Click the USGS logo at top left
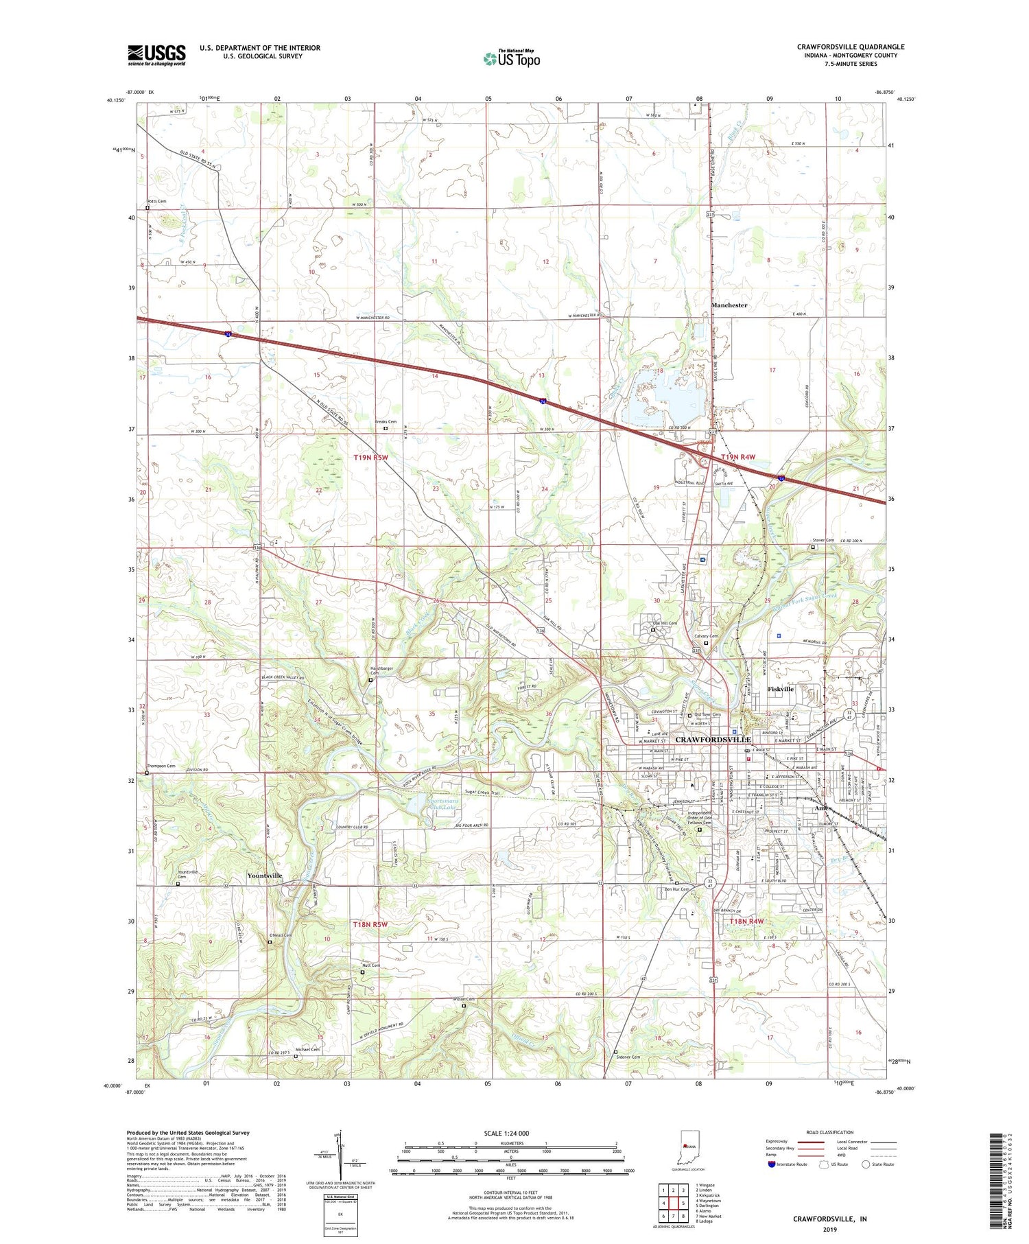point(156,55)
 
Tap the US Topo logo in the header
point(512,59)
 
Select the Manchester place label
point(729,305)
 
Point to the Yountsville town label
point(265,876)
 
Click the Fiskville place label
point(780,689)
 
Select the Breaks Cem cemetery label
point(386,422)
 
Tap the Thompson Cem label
point(161,766)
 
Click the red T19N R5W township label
point(371,457)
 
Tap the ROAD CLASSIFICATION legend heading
point(830,1132)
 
